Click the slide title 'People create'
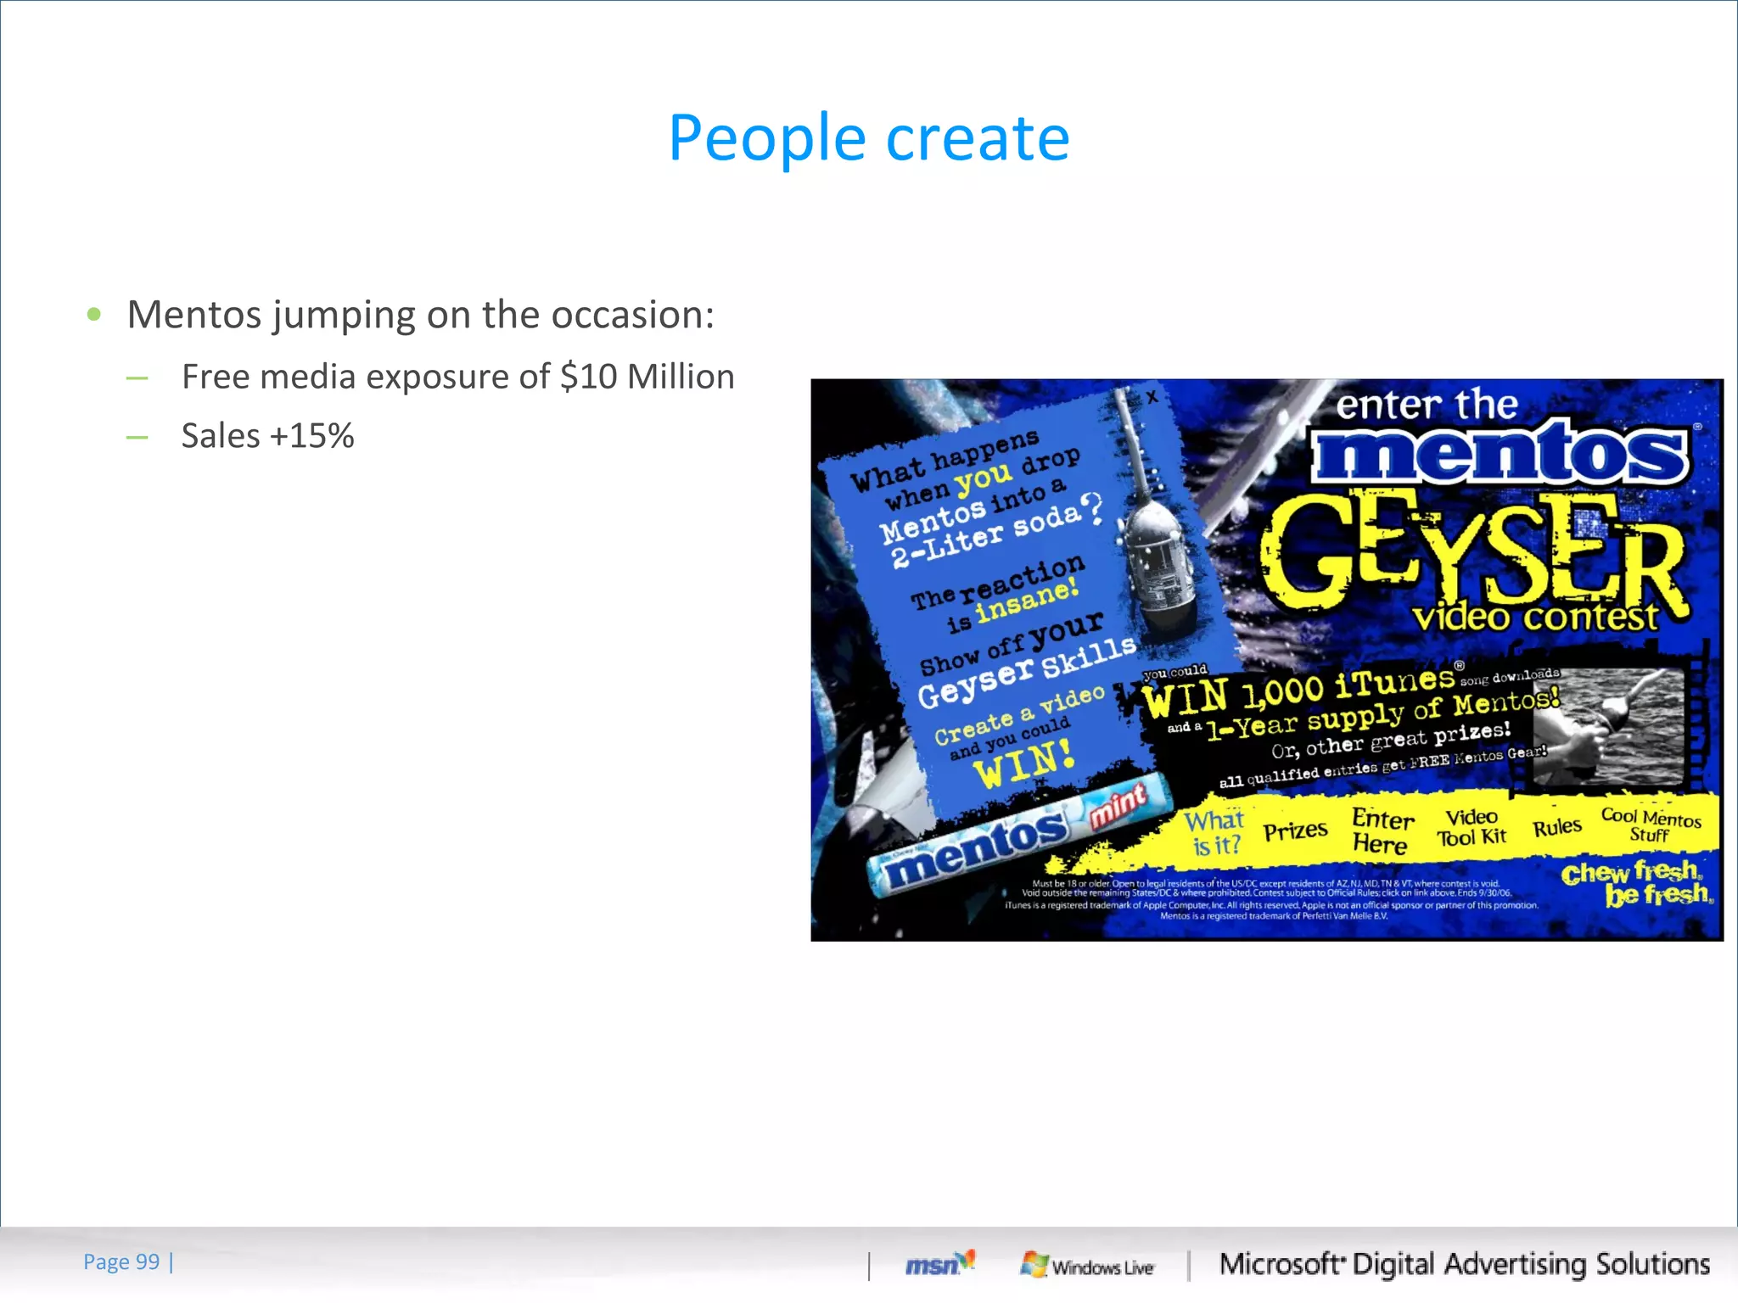click(x=868, y=138)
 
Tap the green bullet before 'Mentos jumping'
click(x=94, y=315)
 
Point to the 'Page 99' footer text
click(x=121, y=1261)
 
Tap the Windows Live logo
click(x=1087, y=1266)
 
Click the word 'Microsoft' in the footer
click(x=1281, y=1264)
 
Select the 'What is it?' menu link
click(x=1215, y=832)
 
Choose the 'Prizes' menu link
click(x=1295, y=830)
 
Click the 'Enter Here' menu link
click(x=1382, y=830)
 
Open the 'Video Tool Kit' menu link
click(x=1472, y=827)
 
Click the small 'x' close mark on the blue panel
click(x=1152, y=396)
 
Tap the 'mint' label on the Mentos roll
click(x=1118, y=804)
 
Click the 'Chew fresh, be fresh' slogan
click(x=1635, y=883)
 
